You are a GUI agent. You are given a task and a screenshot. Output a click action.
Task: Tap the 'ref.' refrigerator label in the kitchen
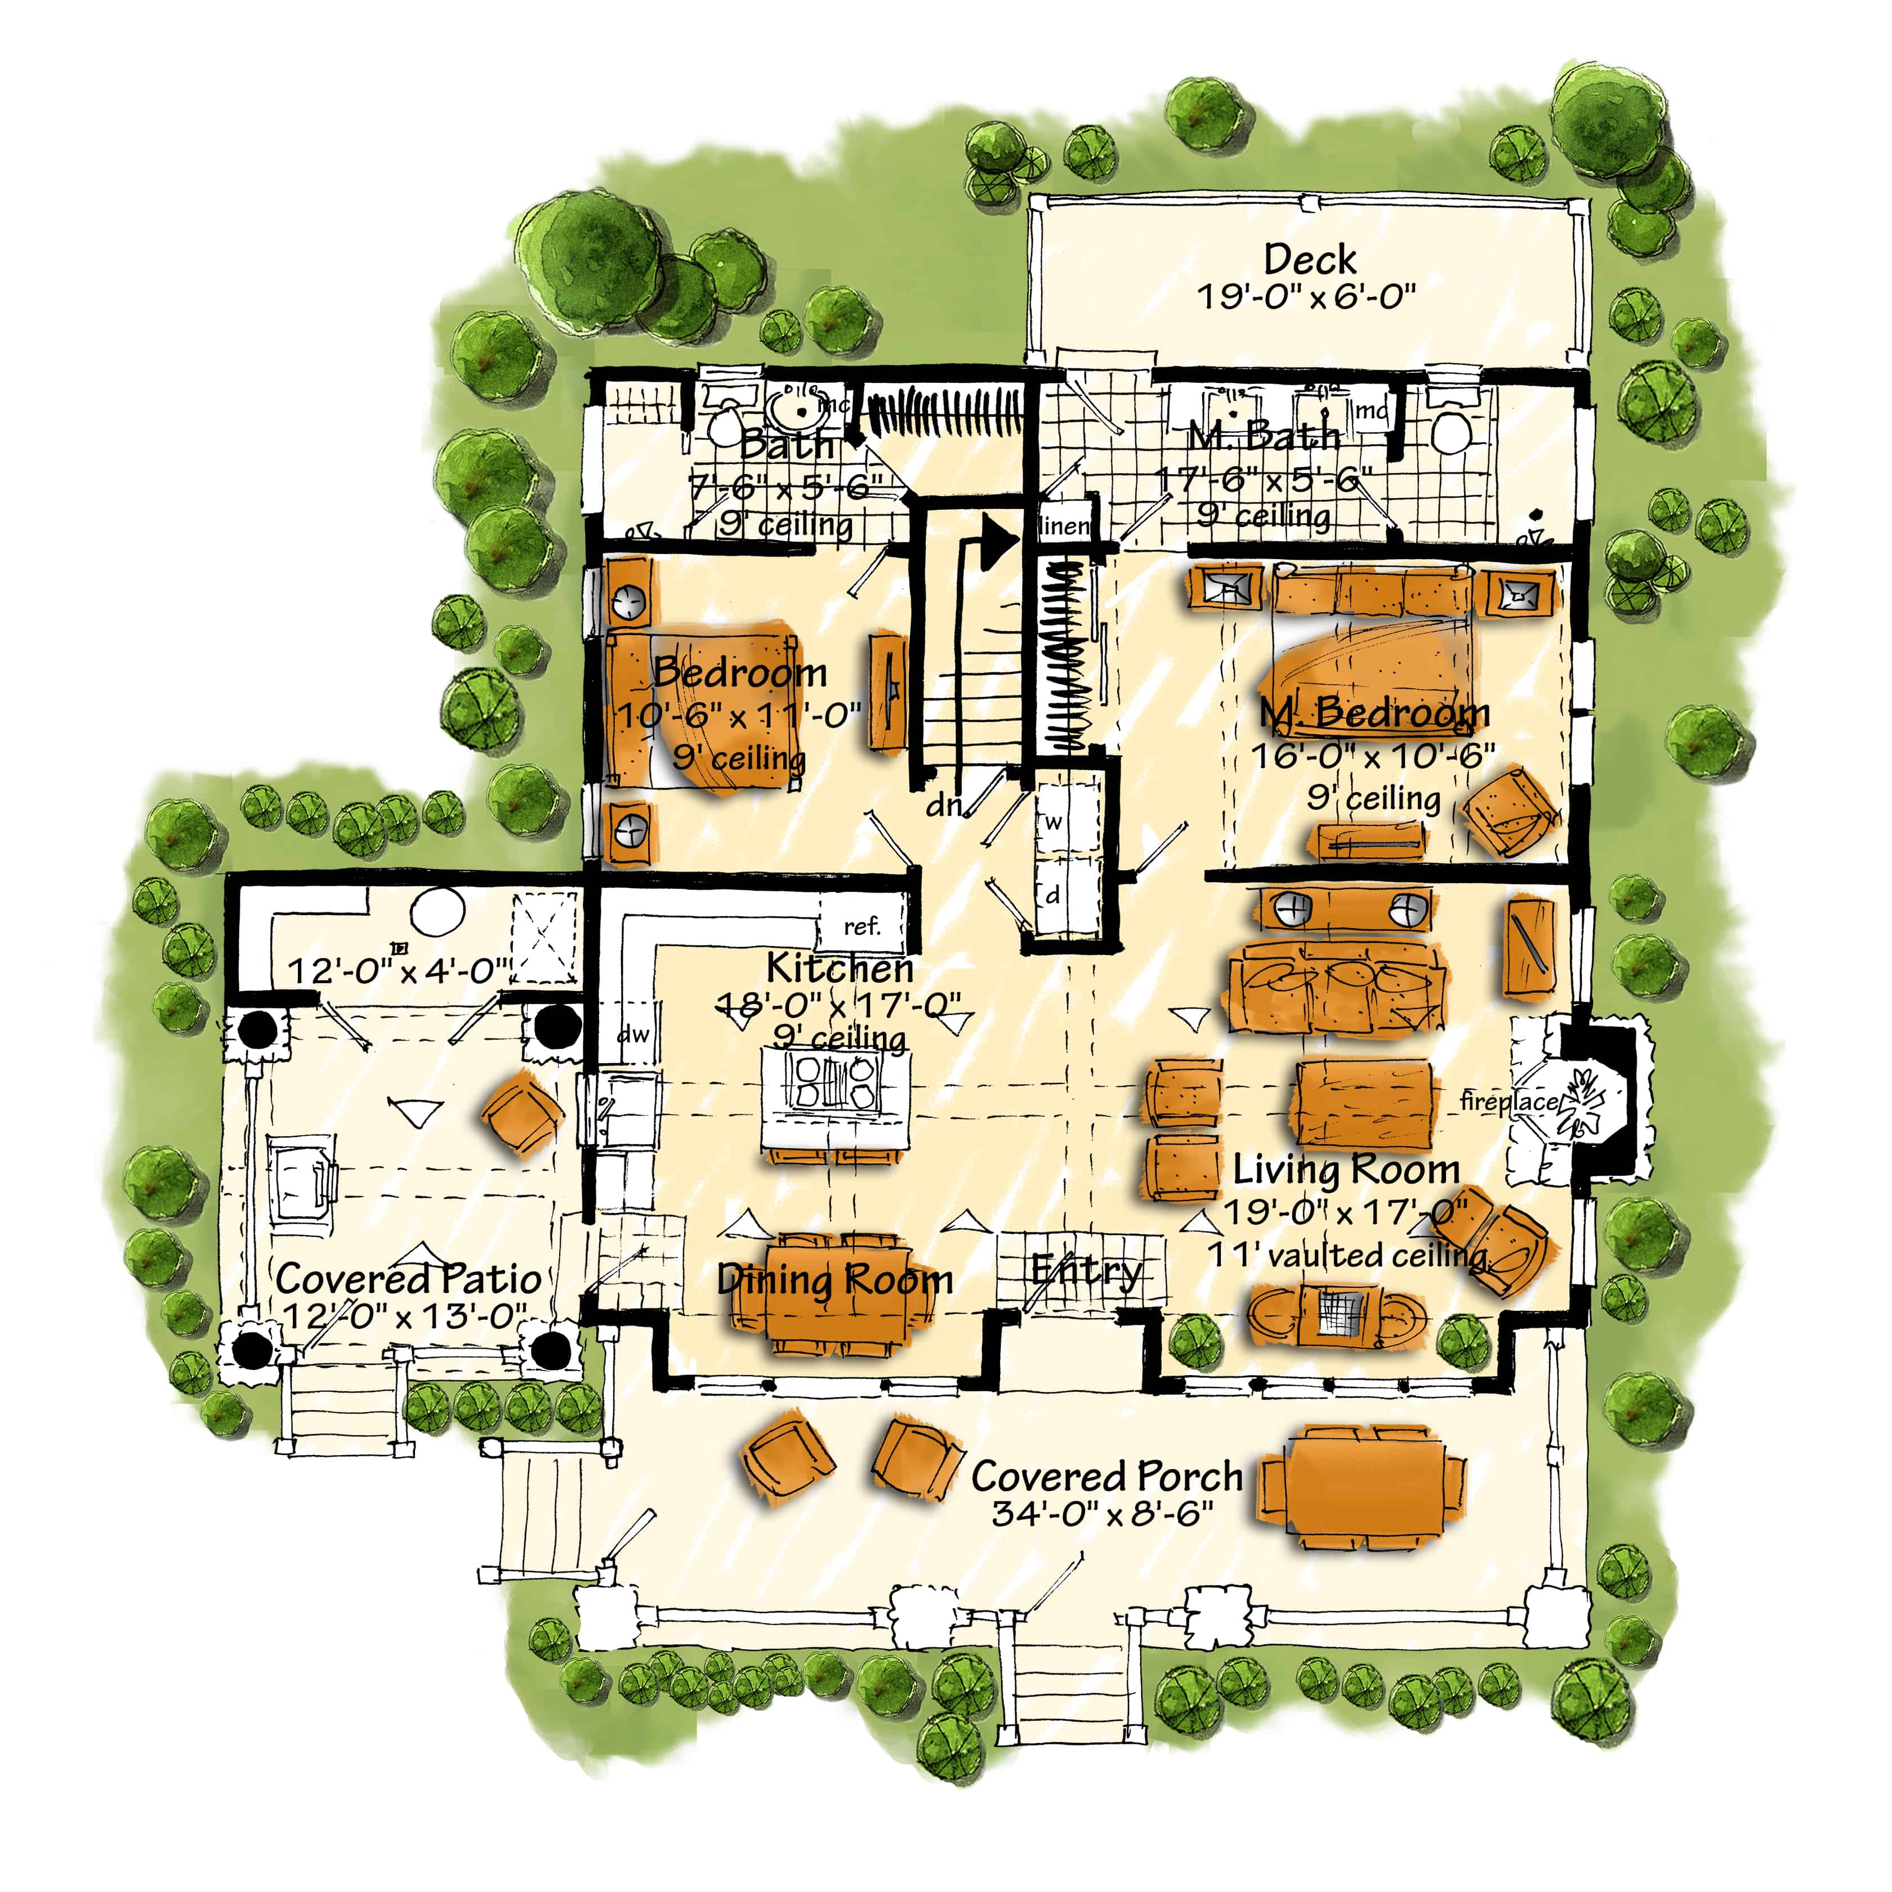coord(862,925)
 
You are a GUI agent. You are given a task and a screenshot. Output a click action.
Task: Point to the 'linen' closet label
coord(1064,526)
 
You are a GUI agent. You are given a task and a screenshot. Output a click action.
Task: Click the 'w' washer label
coord(1053,823)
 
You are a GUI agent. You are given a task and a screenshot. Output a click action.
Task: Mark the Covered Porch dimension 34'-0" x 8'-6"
coord(1103,1513)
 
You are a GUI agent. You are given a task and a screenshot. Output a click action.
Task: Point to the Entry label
coord(1085,1270)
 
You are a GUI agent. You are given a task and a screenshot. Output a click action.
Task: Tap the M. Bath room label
coord(1263,436)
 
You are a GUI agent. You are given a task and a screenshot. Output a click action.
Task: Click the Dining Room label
coord(835,1279)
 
